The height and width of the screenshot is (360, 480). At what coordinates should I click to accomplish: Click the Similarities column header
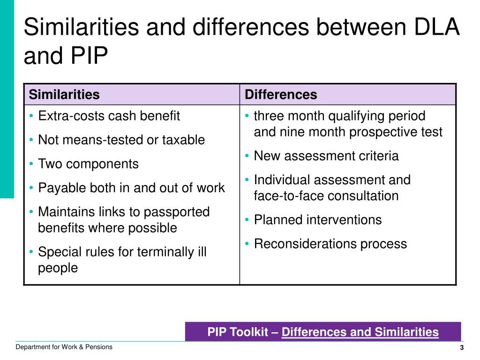tap(64, 95)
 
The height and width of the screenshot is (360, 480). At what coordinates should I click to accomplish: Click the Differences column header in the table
tap(281, 95)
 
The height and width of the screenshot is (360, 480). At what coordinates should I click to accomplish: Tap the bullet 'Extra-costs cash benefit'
tap(109, 116)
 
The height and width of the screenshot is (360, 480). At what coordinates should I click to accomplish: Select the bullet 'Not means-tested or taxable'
tap(121, 140)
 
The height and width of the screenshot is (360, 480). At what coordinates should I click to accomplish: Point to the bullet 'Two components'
tap(88, 164)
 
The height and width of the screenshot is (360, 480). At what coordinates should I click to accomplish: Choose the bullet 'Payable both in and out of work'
tap(131, 188)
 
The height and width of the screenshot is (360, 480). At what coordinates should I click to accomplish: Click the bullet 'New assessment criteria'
tap(326, 156)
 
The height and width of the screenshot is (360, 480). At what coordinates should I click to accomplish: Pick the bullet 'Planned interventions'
tap(318, 220)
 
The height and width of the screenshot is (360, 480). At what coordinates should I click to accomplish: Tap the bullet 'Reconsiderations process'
tap(330, 244)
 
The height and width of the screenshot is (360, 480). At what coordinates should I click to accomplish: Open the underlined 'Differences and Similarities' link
tap(360, 332)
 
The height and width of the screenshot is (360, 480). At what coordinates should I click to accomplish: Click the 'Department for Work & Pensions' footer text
tap(64, 347)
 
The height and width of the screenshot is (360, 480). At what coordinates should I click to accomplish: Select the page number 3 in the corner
tap(462, 348)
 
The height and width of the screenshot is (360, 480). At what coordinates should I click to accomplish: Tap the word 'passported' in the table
tap(177, 212)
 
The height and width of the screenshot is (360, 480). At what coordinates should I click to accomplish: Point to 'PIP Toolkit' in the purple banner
tap(238, 332)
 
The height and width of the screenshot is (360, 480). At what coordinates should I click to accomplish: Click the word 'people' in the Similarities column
tap(58, 268)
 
